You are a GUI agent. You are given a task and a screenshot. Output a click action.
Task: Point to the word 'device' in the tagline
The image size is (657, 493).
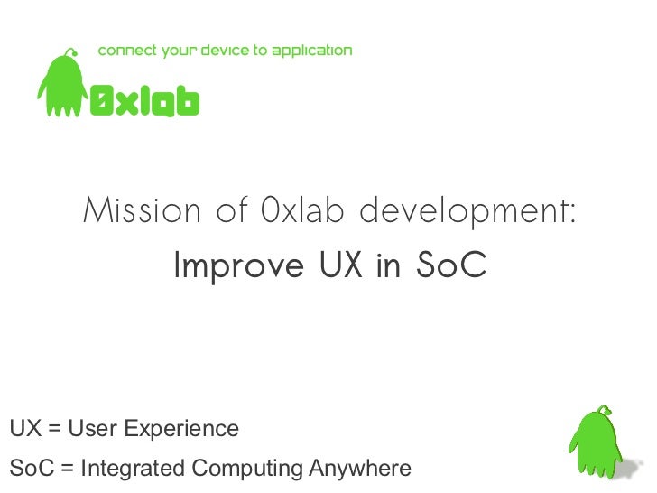(222, 51)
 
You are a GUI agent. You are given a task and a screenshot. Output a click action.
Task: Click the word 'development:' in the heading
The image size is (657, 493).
(467, 213)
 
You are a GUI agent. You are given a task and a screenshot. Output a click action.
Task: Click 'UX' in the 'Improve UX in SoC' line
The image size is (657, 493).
(341, 266)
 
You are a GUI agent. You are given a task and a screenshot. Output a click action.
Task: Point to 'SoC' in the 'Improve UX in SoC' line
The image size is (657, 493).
(451, 266)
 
